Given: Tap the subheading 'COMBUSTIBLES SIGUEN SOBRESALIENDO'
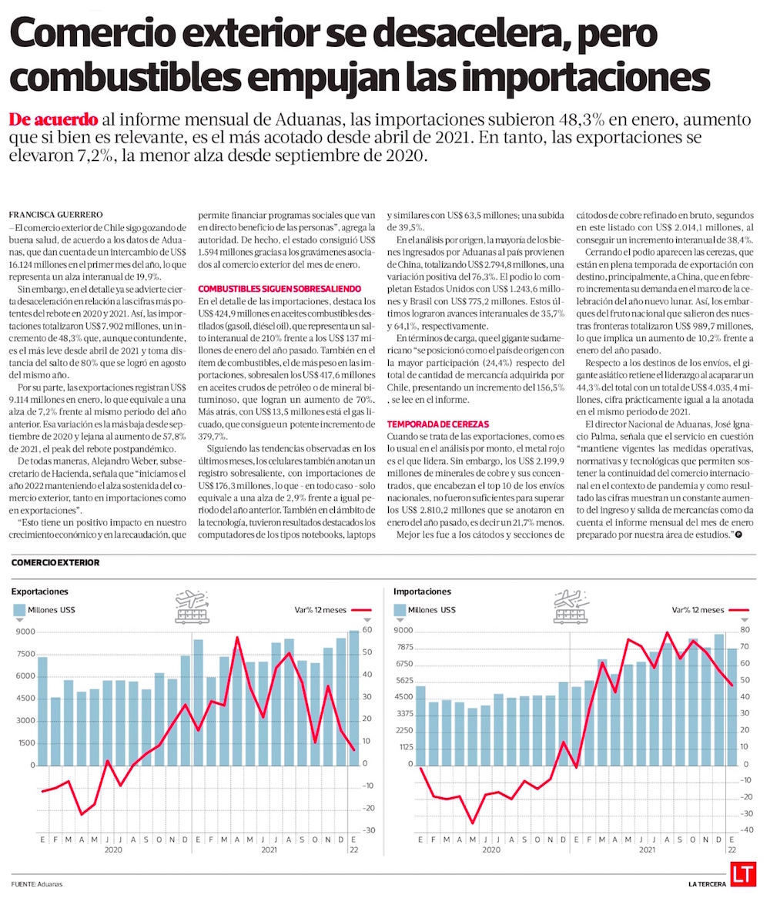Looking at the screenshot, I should pos(264,287).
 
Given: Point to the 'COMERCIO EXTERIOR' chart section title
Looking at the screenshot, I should pos(55,563).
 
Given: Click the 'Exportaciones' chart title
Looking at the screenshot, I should pos(39,592).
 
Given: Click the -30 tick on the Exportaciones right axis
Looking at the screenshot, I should pos(369,830).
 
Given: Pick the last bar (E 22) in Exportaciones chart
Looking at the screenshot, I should pos(353,698).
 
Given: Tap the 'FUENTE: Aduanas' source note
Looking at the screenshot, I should pos(37,883).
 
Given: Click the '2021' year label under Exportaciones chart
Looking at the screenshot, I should pos(269,850).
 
